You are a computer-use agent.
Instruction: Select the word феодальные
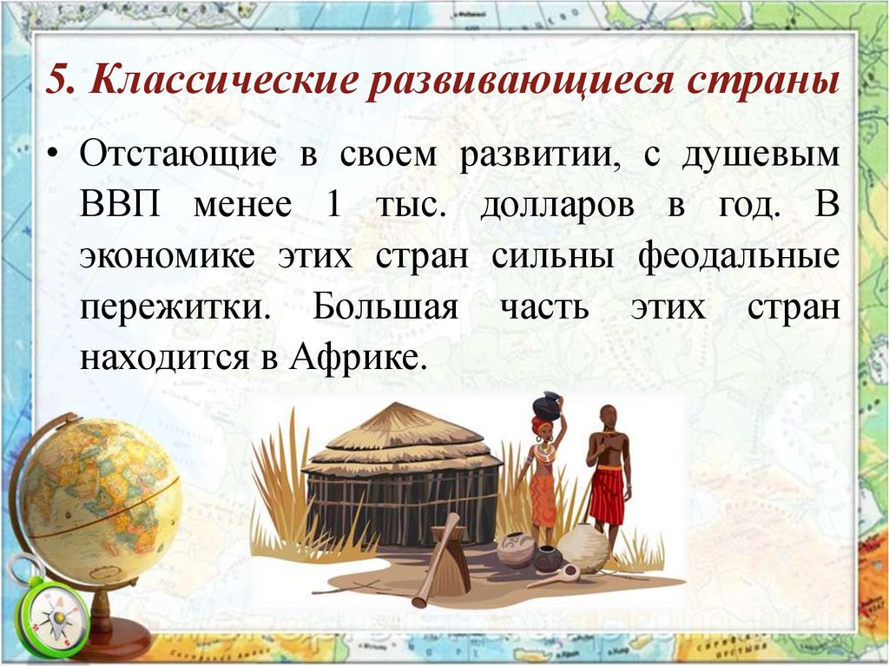tap(739, 258)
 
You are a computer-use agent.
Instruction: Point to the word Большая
tap(385, 307)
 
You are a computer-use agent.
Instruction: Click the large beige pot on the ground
tap(583, 548)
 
